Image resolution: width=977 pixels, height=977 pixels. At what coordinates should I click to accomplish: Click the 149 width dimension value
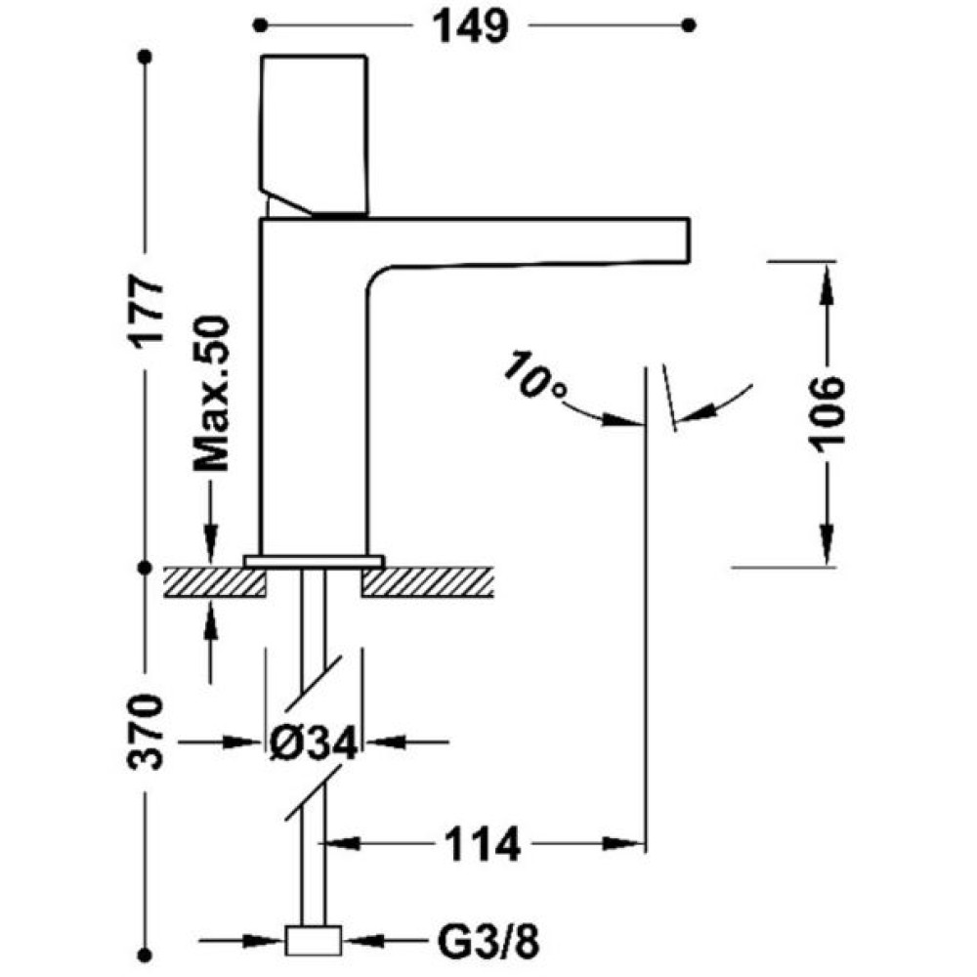471,26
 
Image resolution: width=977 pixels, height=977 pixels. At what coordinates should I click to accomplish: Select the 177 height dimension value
148,310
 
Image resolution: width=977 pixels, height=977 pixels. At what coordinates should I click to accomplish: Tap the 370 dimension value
148,732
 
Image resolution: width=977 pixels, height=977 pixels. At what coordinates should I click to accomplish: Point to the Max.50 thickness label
211,394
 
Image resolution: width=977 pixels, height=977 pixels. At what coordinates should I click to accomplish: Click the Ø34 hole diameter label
314,743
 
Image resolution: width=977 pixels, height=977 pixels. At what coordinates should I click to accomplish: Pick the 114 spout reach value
482,845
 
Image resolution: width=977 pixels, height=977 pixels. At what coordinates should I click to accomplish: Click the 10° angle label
534,376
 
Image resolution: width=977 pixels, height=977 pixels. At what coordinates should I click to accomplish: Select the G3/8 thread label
488,942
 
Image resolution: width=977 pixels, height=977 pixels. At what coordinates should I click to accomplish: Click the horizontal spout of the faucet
530,241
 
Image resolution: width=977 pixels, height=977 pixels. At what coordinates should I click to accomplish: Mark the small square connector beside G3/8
314,941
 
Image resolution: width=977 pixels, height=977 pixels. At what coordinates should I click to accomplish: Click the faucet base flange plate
314,561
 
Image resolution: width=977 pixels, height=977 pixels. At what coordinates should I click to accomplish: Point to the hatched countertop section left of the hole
215,582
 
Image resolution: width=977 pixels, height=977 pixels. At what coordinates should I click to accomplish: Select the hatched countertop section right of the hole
428,582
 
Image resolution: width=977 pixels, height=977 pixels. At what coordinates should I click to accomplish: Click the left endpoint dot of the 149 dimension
260,25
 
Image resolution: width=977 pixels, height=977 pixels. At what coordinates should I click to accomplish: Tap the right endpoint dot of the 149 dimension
689,25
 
